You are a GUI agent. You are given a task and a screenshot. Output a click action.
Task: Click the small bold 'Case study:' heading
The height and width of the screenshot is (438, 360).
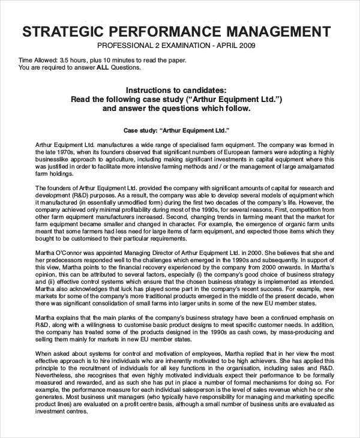142,130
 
